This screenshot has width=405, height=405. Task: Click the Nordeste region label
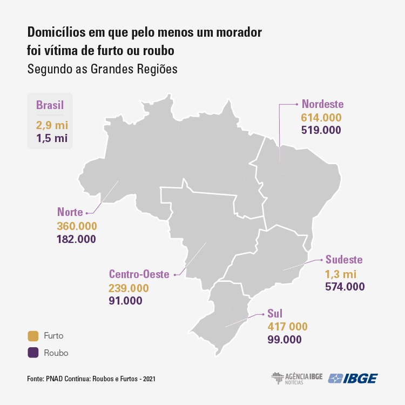(x=322, y=104)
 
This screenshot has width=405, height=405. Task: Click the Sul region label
(x=275, y=313)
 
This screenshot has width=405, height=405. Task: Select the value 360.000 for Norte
(x=76, y=226)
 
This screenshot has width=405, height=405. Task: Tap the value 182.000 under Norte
(x=76, y=239)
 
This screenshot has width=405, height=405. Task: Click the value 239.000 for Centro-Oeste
(x=129, y=288)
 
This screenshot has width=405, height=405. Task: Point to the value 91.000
(x=125, y=301)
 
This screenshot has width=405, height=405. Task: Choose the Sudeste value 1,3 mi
(x=341, y=274)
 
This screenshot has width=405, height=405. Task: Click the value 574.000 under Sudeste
(x=345, y=287)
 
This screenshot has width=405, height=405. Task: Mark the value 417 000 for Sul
(x=287, y=327)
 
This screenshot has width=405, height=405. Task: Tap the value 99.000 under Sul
(x=284, y=340)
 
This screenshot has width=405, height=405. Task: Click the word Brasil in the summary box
(x=50, y=105)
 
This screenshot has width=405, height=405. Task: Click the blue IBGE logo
(x=353, y=379)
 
